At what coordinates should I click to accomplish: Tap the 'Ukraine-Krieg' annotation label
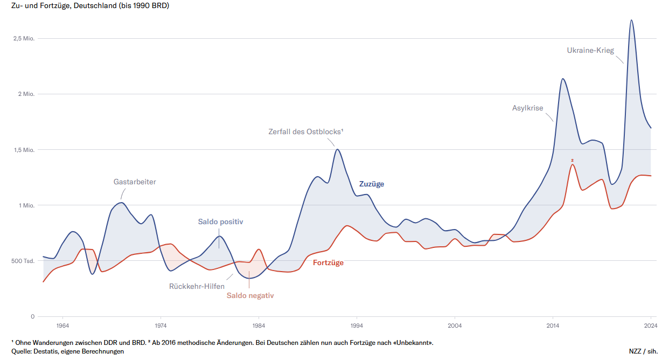point(590,50)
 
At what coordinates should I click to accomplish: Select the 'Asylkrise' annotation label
point(527,108)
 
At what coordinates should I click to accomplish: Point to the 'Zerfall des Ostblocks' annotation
point(306,131)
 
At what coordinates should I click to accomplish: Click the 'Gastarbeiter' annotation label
point(135,182)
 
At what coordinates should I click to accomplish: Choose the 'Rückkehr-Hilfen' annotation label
point(197,286)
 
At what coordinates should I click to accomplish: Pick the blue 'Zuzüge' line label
point(372,184)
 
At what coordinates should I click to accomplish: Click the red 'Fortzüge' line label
point(328,262)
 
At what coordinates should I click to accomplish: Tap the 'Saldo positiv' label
point(221,221)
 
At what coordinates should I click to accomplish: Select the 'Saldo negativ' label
point(250,295)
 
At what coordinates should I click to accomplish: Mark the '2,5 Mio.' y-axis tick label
point(24,38)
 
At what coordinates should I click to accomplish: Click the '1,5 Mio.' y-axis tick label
point(24,150)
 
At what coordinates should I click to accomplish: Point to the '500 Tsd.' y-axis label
point(23,261)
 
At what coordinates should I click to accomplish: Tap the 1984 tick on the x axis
point(259,325)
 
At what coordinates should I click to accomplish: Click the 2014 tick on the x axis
point(553,325)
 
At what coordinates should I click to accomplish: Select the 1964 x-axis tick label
point(62,325)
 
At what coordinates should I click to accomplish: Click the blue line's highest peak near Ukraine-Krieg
point(631,20)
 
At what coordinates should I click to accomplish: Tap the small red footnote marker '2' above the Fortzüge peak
point(572,160)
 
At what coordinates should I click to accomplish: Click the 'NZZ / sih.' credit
point(643,351)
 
